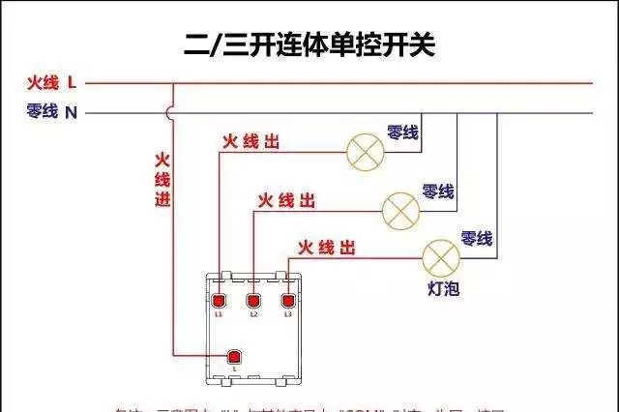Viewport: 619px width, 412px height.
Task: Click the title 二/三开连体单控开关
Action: pyautogui.click(x=309, y=43)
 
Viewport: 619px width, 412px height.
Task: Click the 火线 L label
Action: pyautogui.click(x=51, y=83)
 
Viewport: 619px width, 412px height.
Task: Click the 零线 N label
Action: pyautogui.click(x=51, y=112)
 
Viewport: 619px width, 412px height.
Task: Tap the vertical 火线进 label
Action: pyautogui.click(x=162, y=180)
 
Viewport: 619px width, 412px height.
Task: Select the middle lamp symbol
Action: pyautogui.click(x=399, y=208)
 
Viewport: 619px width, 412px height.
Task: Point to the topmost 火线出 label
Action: pyautogui.click(x=251, y=142)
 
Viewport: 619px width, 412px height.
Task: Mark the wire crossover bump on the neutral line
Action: pyautogui.click(x=172, y=112)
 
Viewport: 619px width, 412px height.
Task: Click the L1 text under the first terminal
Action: pyautogui.click(x=220, y=315)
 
